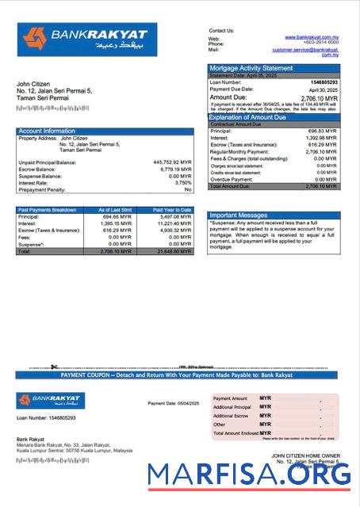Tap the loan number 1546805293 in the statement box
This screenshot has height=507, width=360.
(322, 82)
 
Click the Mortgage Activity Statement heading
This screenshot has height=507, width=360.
(251, 68)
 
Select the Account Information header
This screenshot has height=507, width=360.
(47, 131)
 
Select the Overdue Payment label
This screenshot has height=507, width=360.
(232, 179)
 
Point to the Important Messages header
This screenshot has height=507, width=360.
(239, 215)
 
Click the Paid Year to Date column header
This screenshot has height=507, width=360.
(172, 210)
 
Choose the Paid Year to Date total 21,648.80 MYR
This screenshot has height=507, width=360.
(174, 251)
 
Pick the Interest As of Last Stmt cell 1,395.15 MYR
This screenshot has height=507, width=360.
(115, 223)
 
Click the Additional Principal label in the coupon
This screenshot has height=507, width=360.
(232, 406)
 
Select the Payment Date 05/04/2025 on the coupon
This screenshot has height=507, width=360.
(169, 403)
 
